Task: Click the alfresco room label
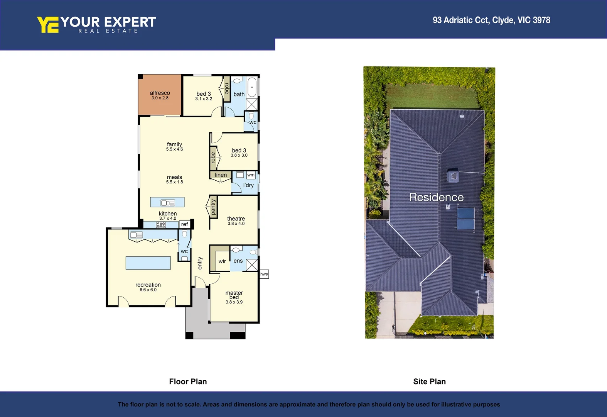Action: [x=160, y=93]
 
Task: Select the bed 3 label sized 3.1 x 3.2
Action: [x=204, y=94]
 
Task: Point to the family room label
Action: [x=174, y=144]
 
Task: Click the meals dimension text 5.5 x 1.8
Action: [x=174, y=182]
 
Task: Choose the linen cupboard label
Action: [x=221, y=175]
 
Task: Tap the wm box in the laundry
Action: [x=251, y=175]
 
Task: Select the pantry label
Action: [x=213, y=207]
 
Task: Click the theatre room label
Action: [x=236, y=219]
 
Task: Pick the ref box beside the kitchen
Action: [x=185, y=224]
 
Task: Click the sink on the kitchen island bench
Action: [x=168, y=203]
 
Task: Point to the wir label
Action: [x=222, y=261]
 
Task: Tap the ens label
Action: [x=238, y=261]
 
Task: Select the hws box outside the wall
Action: [x=264, y=274]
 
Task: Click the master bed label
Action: [x=234, y=295]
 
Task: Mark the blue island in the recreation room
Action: [x=148, y=263]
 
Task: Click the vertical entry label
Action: [x=200, y=263]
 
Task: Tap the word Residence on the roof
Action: [x=436, y=197]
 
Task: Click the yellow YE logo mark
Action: [x=48, y=25]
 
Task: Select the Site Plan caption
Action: [x=429, y=381]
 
